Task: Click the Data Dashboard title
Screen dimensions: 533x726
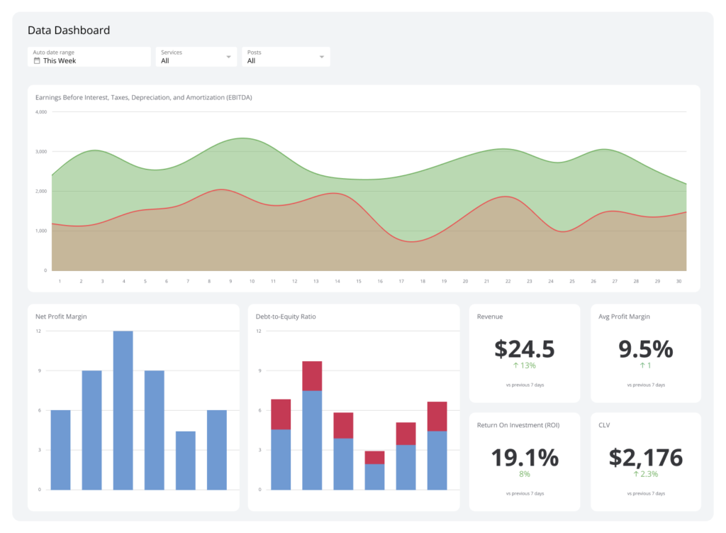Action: [69, 31]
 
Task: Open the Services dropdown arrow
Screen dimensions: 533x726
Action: [228, 57]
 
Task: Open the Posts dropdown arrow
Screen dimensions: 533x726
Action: [321, 57]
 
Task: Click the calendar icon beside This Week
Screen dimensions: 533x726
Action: [37, 61]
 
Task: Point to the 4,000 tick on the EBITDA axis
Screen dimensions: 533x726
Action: [40, 112]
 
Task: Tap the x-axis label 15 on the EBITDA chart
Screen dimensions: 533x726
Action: [358, 282]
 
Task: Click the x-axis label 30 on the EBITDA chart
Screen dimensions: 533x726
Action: [678, 282]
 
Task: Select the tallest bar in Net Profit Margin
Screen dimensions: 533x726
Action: [123, 410]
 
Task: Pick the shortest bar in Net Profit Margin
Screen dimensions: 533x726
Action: [185, 461]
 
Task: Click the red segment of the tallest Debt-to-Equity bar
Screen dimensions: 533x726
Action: [312, 376]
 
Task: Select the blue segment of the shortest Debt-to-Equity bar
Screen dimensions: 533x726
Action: [374, 477]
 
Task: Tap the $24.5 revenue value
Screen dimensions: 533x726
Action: [524, 349]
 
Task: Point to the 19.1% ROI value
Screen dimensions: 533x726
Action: [524, 458]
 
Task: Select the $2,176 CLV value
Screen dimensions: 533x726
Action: [645, 458]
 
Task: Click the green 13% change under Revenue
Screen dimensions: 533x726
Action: [524, 366]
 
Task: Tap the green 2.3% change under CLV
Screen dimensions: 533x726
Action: [645, 474]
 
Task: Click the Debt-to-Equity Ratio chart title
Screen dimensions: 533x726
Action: [286, 317]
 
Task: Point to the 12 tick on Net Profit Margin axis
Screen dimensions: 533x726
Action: [38, 331]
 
